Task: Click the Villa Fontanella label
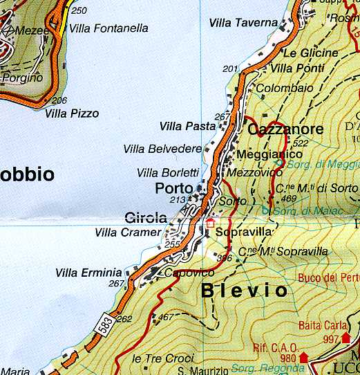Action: [x=109, y=29]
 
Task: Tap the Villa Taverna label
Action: [x=243, y=24]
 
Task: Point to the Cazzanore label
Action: [x=285, y=129]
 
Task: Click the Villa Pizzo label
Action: [x=73, y=113]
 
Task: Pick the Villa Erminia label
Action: [x=88, y=273]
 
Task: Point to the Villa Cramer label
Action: [x=127, y=232]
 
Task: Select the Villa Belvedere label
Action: [x=162, y=149]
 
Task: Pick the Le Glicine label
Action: [x=311, y=53]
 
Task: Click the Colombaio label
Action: [x=280, y=89]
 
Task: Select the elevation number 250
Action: [x=79, y=10]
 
